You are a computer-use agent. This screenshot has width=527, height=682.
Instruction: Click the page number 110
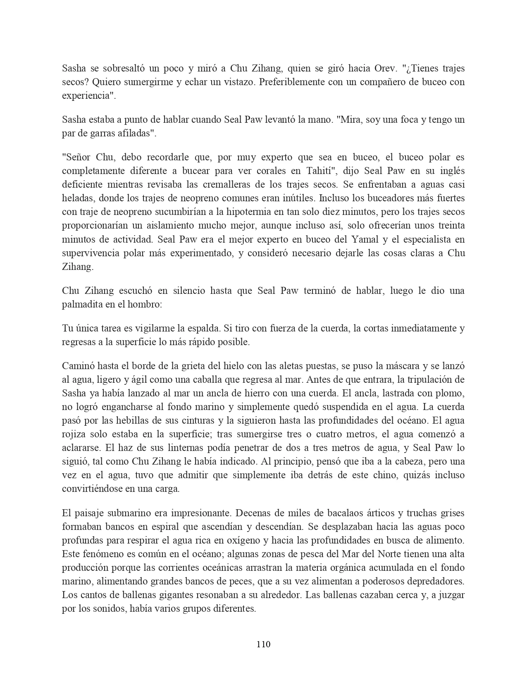point(263,644)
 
